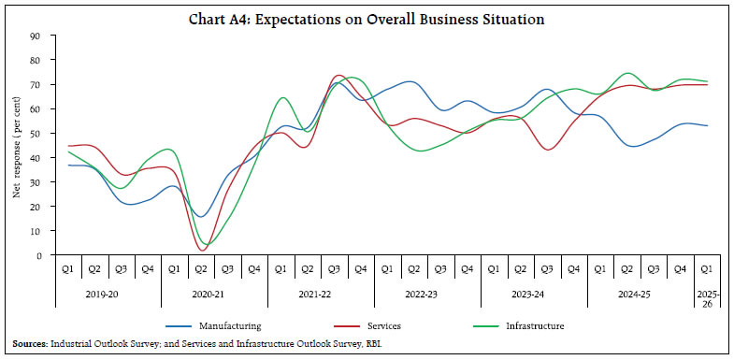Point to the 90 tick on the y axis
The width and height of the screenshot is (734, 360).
coord(34,36)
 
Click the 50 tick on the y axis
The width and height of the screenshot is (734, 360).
coord(34,134)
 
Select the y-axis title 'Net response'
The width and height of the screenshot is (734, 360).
coord(16,146)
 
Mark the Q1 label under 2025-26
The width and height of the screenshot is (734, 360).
coord(707,268)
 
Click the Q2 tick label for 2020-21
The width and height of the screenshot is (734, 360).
coord(200,268)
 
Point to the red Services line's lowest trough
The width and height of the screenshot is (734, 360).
coord(203,250)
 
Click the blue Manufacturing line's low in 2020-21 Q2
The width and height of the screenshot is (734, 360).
coord(201,217)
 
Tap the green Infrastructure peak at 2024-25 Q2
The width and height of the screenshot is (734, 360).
coord(627,73)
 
